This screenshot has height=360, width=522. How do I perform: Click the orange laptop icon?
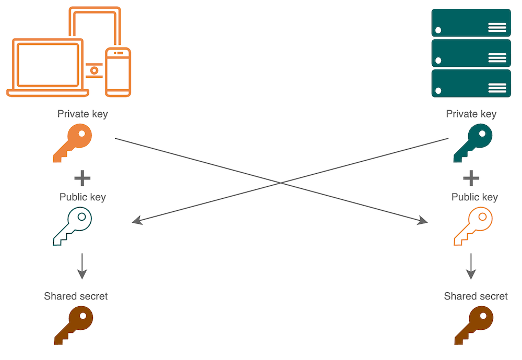click(48, 68)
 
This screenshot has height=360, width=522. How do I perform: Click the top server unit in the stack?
click(471, 22)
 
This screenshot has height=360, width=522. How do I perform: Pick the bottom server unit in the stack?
click(471, 83)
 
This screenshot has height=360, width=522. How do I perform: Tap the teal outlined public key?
click(73, 226)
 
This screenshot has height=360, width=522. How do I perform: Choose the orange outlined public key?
click(473, 226)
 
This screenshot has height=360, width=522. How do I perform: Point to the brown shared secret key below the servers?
click(473, 325)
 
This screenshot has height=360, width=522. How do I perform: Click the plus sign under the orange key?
click(82, 178)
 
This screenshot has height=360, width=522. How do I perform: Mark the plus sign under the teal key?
click(471, 178)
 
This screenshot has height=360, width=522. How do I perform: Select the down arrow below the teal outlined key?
click(82, 266)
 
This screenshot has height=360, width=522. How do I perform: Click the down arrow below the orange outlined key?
click(471, 266)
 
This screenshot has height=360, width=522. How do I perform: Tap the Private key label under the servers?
click(471, 114)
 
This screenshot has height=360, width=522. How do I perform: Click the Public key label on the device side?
click(82, 197)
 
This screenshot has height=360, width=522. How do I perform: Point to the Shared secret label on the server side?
click(476, 296)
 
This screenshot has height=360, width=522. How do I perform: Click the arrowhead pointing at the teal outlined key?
click(137, 221)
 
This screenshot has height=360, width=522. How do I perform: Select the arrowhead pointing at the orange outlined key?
click(423, 221)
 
